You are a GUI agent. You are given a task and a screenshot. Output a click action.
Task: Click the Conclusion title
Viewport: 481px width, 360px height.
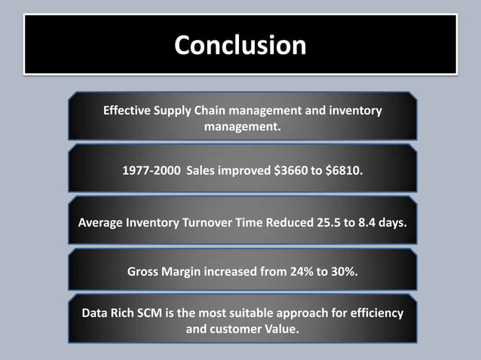point(240,45)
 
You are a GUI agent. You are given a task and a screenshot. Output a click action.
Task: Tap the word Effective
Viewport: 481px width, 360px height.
point(127,111)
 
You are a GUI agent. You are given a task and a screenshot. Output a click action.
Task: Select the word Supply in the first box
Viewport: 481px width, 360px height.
point(174,111)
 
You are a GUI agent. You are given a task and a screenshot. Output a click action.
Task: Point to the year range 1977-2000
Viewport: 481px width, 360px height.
point(152,171)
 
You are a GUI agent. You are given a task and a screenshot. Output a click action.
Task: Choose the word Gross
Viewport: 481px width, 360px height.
point(146,271)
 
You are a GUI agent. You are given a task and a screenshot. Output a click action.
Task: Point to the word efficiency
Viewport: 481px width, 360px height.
point(375,313)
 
